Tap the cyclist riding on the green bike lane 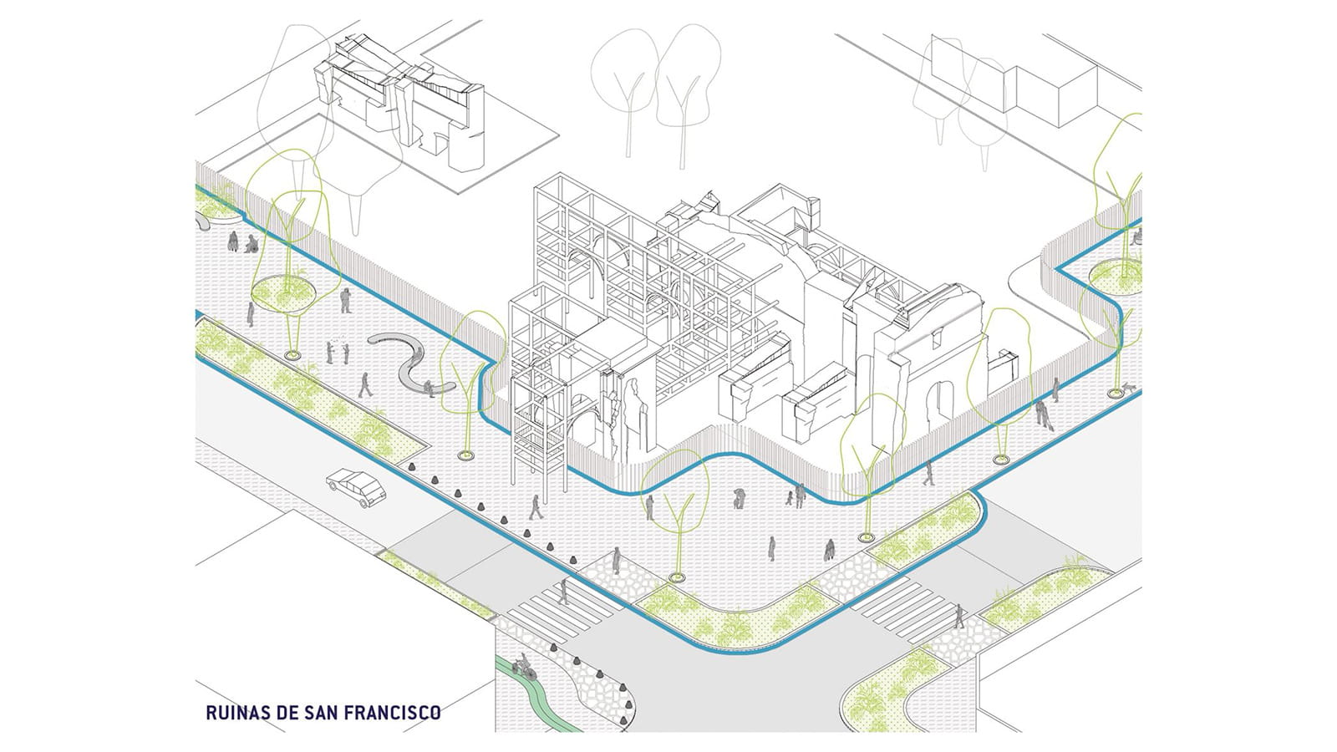524,668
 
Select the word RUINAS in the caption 233,713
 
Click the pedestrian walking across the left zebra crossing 564,591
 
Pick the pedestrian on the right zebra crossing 959,617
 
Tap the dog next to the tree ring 1130,387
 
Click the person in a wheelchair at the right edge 1136,236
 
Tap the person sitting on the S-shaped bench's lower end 430,387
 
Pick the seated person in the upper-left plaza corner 251,244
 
